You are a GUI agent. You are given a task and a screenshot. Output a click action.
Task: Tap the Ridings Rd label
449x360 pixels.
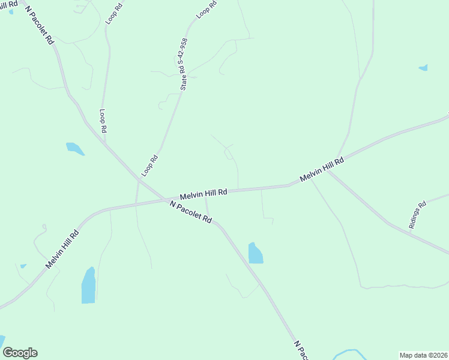point(417,214)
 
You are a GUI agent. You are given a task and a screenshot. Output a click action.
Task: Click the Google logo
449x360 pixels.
point(20,353)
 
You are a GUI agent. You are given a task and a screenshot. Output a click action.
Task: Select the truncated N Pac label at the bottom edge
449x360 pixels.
point(301,350)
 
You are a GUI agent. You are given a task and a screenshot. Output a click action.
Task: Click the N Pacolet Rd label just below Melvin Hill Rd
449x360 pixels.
point(191,212)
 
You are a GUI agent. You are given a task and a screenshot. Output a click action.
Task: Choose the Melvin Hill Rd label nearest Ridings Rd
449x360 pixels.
point(322,170)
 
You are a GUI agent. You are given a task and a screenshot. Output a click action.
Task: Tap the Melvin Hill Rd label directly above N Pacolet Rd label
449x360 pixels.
point(203,194)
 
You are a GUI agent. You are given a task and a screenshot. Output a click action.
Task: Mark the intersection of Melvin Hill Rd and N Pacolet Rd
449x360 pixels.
point(163,199)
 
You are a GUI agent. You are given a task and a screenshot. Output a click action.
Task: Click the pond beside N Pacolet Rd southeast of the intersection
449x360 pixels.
point(255,253)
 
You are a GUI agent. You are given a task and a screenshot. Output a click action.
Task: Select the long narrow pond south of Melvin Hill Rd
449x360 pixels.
point(88,286)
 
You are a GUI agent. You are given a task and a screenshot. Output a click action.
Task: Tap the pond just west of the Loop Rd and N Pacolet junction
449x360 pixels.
point(74,148)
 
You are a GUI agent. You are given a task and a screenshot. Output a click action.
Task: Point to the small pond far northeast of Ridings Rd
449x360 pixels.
point(423,68)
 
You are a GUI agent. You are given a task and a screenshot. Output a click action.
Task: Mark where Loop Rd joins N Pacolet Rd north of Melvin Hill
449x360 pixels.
point(106,144)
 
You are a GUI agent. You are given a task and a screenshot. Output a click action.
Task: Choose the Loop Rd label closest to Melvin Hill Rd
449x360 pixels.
point(149,166)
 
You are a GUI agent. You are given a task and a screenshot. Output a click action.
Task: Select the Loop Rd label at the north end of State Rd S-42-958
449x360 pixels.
point(206,12)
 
